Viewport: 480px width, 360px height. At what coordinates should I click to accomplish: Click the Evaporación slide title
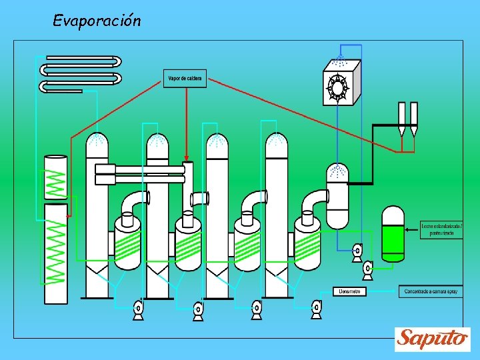(x=97, y=21)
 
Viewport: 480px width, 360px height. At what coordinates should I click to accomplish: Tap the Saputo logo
(x=432, y=339)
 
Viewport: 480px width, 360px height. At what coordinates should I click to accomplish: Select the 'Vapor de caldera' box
(x=185, y=79)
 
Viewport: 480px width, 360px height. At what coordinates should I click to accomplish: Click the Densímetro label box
(x=349, y=291)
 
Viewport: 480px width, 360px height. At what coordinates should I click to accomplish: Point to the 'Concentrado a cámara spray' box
(x=431, y=291)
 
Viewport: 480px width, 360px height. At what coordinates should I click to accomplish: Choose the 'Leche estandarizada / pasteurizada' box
(x=441, y=230)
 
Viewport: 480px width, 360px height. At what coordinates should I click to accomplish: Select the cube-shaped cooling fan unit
(x=341, y=83)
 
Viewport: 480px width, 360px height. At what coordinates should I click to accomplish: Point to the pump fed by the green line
(x=367, y=269)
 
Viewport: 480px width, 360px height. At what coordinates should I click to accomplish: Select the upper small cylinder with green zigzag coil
(x=55, y=177)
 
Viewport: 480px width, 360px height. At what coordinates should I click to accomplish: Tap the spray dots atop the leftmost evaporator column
(x=97, y=141)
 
